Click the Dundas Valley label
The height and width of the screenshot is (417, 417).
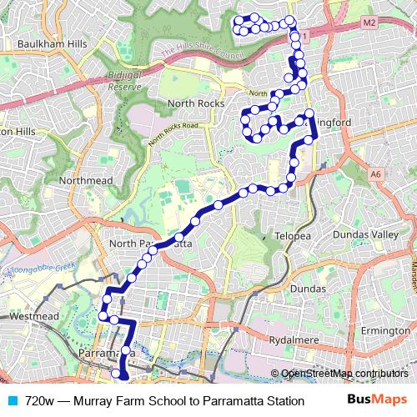pos(365,236)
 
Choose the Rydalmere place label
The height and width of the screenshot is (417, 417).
pos(298,340)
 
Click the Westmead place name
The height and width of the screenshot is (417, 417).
pos(34,318)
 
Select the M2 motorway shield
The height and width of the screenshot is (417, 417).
pos(369,21)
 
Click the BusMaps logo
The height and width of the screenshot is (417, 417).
pos(379,400)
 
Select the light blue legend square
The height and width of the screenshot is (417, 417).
pos(12,400)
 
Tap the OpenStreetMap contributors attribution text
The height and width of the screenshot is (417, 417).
pos(344,374)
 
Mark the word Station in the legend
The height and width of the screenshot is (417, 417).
pos(279,400)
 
